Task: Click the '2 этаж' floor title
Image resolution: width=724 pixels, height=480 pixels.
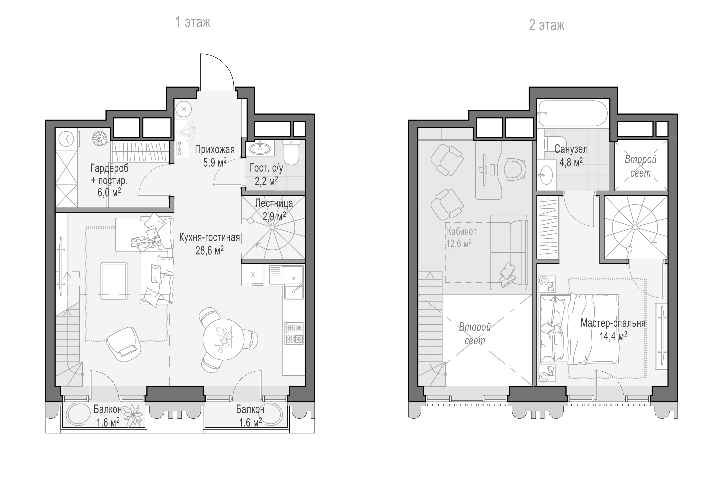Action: click(x=547, y=25)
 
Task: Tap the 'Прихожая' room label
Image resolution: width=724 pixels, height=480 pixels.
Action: click(x=215, y=149)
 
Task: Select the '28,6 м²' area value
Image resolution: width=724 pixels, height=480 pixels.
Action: click(x=209, y=250)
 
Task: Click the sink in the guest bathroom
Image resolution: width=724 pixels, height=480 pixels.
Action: click(x=260, y=149)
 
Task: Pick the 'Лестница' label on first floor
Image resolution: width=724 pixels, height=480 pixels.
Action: click(x=274, y=203)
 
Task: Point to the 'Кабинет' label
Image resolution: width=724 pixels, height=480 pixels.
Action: click(x=462, y=232)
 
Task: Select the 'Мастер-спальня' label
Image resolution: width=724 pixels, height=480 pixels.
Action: click(x=613, y=323)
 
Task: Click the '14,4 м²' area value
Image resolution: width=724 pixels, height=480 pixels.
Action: click(x=613, y=336)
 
